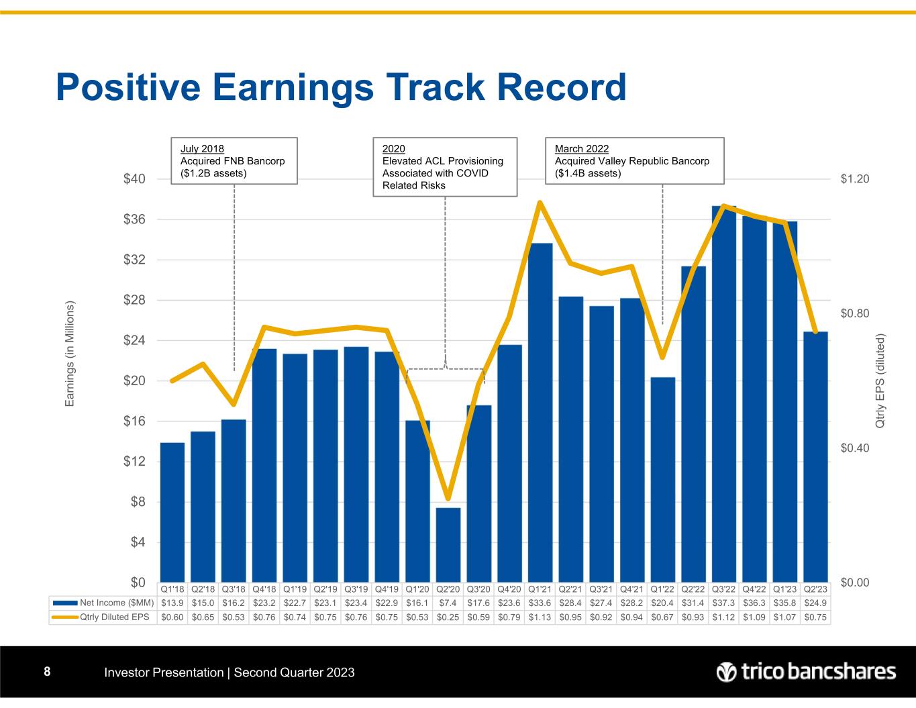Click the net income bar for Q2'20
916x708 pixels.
pos(448,545)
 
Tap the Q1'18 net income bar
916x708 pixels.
pos(172,513)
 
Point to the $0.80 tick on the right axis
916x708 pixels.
pos(855,313)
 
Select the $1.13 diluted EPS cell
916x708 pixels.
pos(540,617)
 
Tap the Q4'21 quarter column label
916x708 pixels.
pos(632,589)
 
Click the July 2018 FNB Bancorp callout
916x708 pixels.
pos(234,160)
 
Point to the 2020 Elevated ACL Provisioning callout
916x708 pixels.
pos(444,166)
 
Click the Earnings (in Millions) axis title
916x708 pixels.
pos(70,354)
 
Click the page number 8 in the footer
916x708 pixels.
pos(47,672)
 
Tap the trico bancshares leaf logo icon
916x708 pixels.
pos(726,672)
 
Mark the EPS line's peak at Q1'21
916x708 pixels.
pos(540,203)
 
